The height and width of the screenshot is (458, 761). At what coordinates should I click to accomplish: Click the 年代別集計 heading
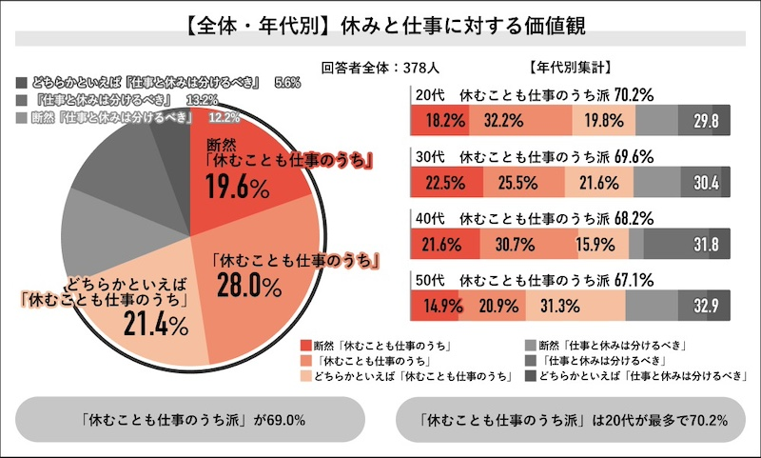pyautogui.click(x=567, y=68)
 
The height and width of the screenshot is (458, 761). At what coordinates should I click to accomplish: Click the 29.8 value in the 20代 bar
pyautogui.click(x=706, y=121)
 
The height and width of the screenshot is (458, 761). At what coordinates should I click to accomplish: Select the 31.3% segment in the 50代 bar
pyautogui.click(x=581, y=307)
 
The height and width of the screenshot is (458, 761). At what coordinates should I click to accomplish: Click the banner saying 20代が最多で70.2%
pyautogui.click(x=572, y=420)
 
